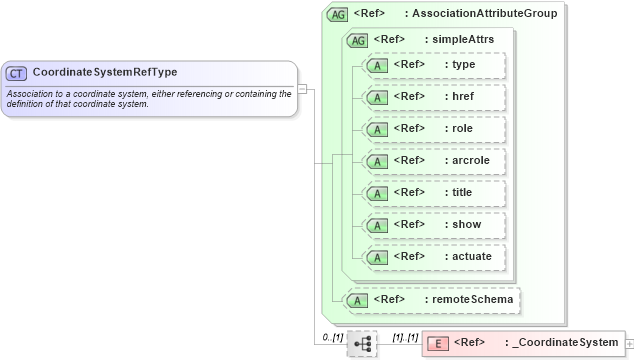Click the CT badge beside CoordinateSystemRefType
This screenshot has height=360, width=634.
coord(17,73)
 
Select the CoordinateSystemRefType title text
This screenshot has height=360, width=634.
coord(91,73)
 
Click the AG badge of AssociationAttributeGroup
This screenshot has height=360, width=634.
coord(337,14)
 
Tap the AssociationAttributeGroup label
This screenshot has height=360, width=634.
coord(485,14)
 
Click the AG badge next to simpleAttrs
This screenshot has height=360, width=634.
coord(357,40)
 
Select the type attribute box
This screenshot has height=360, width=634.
coord(434,65)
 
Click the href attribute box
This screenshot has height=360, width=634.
coord(434,97)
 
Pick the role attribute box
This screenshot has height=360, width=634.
coord(434,129)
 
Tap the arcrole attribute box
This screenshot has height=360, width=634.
coord(434,161)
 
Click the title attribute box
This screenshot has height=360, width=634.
coord(434,193)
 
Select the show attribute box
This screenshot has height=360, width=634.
coord(434,225)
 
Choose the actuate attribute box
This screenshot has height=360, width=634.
coord(434,257)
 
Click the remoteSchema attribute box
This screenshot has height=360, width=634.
coord(432,299)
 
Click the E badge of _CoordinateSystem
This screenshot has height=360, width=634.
coord(437,343)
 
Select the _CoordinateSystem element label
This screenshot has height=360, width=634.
coord(564,343)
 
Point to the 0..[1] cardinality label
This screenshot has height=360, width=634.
coord(333,338)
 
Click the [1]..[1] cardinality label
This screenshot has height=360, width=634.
coord(405,338)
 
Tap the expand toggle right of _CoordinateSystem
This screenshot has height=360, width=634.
coord(629,343)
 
